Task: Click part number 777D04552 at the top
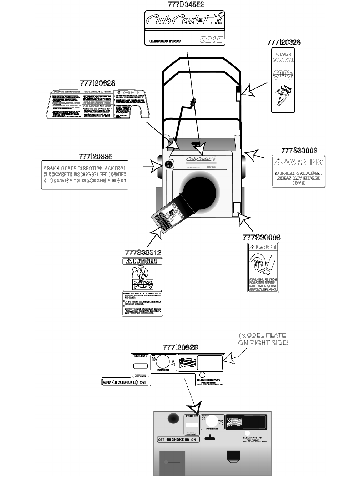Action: (x=186, y=5)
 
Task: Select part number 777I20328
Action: (x=284, y=42)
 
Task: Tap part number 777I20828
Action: (x=97, y=83)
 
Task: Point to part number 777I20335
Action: (x=95, y=157)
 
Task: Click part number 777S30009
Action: (x=299, y=151)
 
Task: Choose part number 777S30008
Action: (x=262, y=237)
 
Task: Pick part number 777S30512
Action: (x=143, y=252)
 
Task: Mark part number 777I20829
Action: (x=180, y=347)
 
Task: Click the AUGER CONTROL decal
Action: (x=283, y=80)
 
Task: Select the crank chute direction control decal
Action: (x=85, y=174)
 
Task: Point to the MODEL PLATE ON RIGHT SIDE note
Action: (x=263, y=339)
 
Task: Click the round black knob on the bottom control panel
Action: (x=173, y=418)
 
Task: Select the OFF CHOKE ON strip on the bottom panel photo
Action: (x=178, y=440)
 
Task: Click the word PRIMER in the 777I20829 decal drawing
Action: (x=140, y=356)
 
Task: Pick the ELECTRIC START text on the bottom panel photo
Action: (x=253, y=438)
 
